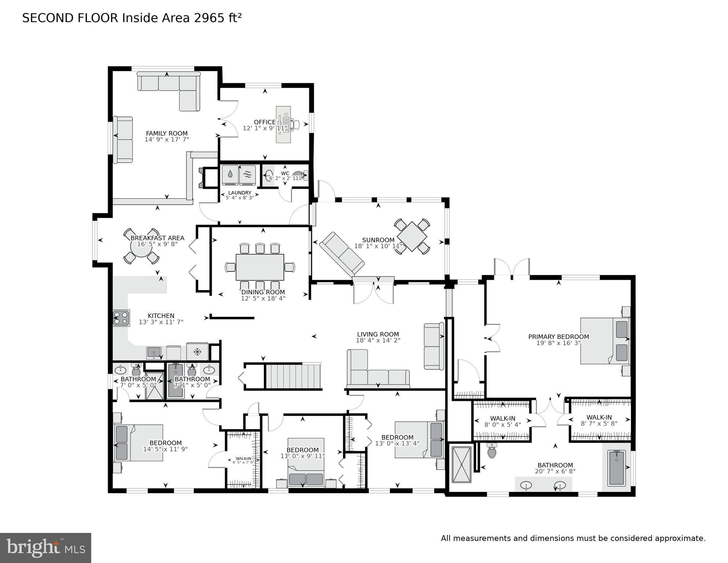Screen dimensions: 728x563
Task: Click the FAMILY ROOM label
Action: [167, 134]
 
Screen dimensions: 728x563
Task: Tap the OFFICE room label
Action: [265, 122]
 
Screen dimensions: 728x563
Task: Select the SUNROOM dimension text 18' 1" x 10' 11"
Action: [378, 246]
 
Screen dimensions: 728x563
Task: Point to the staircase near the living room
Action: [293, 376]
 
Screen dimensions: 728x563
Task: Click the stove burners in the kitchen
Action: [121, 318]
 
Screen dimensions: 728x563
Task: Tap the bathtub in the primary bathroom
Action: [617, 468]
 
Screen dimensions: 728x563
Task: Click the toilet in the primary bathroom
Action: [492, 451]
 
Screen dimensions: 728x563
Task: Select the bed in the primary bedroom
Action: [605, 341]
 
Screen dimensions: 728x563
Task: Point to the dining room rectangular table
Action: [260, 267]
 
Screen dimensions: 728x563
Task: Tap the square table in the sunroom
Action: [412, 237]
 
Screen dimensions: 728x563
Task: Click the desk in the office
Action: [283, 125]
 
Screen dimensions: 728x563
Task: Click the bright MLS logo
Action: [45, 548]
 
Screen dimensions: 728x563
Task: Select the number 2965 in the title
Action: [209, 18]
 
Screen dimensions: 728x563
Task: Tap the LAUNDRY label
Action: [240, 193]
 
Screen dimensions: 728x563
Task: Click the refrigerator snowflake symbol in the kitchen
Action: [197, 352]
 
